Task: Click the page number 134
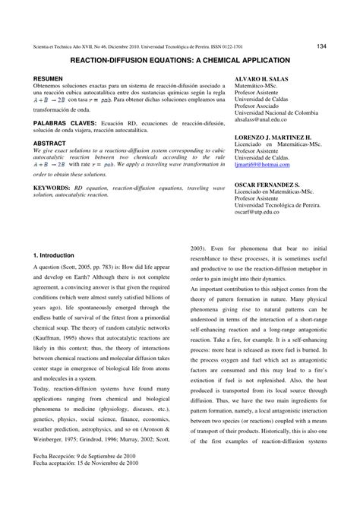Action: pyautogui.click(x=322, y=46)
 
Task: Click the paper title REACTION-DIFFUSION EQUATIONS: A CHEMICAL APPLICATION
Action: pyautogui.click(x=179, y=58)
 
